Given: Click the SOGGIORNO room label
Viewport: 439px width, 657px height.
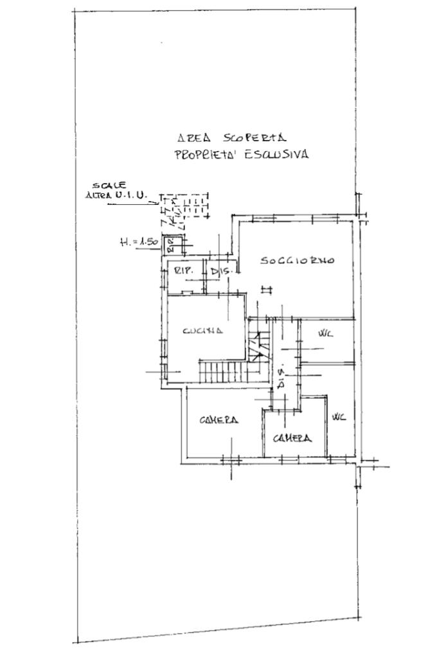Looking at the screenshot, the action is point(297,261).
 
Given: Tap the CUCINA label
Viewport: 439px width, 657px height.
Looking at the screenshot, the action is point(202,331).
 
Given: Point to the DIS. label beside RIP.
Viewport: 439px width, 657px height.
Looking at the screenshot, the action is point(220,272).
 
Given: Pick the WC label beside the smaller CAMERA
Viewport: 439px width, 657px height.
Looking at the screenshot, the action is point(338,417).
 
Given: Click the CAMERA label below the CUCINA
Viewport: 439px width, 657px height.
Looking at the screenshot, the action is point(219,420).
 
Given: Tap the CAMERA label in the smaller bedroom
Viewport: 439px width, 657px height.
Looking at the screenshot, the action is point(292,438).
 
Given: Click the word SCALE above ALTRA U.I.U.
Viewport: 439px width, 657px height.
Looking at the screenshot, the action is point(105,185).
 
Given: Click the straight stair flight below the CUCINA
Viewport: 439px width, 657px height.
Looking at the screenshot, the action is point(222,371).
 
